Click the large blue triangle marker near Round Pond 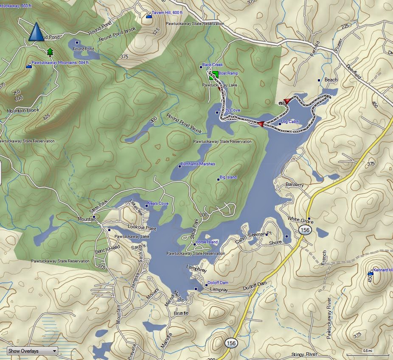pos(36,32)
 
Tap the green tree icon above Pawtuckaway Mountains pos(51,53)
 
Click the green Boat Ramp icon pos(214,75)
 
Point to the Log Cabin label pos(290,122)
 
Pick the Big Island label pos(228,177)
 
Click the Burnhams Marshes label pos(198,164)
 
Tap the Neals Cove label pos(158,204)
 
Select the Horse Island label pos(207,242)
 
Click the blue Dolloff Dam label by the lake pos(218,283)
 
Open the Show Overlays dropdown pos(32,351)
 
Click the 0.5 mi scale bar pos(368,353)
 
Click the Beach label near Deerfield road pos(331,80)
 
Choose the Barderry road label pos(295,185)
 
